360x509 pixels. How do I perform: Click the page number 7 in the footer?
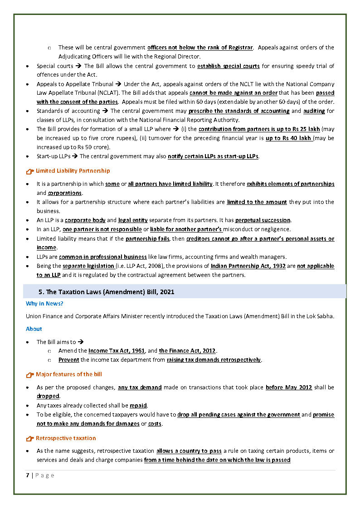[x=27, y=475]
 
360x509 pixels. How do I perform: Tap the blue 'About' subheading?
[x=34, y=329]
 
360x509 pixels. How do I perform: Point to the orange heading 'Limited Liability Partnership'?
[x=73, y=171]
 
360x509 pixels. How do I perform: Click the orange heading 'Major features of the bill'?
[x=69, y=374]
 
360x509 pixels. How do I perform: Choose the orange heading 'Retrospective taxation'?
[x=66, y=438]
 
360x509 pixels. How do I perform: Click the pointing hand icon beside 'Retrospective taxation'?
[x=30, y=439]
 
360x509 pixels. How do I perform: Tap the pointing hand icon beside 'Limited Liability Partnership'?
[x=30, y=171]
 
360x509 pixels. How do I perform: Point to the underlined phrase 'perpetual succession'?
[x=263, y=220]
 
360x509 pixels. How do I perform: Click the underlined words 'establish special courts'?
[x=229, y=66]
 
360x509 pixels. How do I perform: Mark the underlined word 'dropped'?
[x=48, y=396]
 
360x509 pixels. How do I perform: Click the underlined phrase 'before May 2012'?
[x=289, y=388]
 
